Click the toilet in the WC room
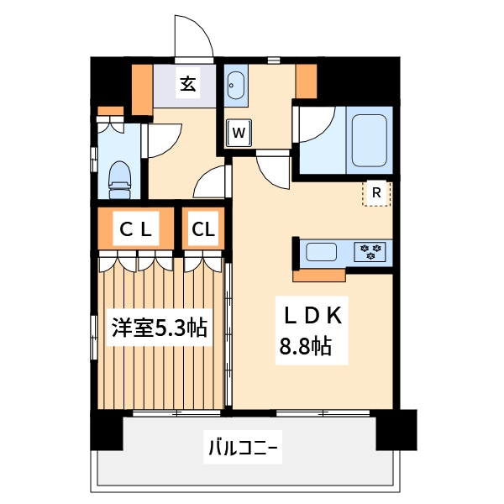[121, 175]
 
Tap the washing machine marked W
[239, 133]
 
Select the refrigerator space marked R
[376, 193]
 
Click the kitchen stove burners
[370, 250]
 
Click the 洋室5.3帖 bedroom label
[160, 328]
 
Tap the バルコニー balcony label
[243, 448]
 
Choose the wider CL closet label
[135, 228]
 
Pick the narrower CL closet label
[203, 228]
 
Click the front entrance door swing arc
[192, 35]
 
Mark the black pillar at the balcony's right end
[396, 429]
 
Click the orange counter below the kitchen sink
[320, 274]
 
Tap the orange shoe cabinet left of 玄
[141, 87]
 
